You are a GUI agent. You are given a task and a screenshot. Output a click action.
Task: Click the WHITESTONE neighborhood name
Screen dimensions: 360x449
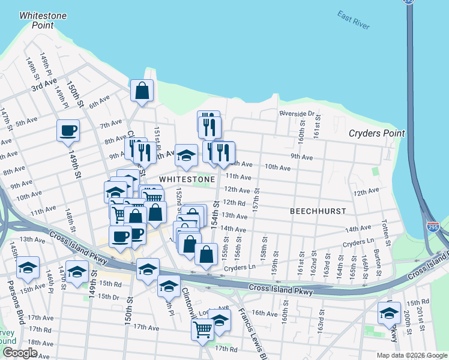pos(187,179)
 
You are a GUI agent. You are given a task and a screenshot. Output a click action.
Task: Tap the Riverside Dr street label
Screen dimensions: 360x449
pos(297,113)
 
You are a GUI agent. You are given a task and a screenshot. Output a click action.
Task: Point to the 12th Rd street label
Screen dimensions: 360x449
pos(235,203)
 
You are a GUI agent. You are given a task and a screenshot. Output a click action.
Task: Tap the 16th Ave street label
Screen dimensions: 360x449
pos(264,313)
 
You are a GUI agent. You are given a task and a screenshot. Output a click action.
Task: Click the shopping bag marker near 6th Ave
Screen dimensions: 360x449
pos(142,92)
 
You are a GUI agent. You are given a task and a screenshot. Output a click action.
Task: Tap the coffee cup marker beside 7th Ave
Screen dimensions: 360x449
pos(68,130)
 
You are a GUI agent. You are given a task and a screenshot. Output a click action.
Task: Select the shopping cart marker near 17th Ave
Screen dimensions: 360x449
pos(202,329)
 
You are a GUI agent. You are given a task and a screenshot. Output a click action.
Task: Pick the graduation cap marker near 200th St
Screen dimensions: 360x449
pos(389,313)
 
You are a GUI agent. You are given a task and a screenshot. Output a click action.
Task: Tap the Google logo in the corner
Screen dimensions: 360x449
pos(19,353)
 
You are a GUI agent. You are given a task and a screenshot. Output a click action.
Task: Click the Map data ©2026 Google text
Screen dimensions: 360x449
pos(411,355)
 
